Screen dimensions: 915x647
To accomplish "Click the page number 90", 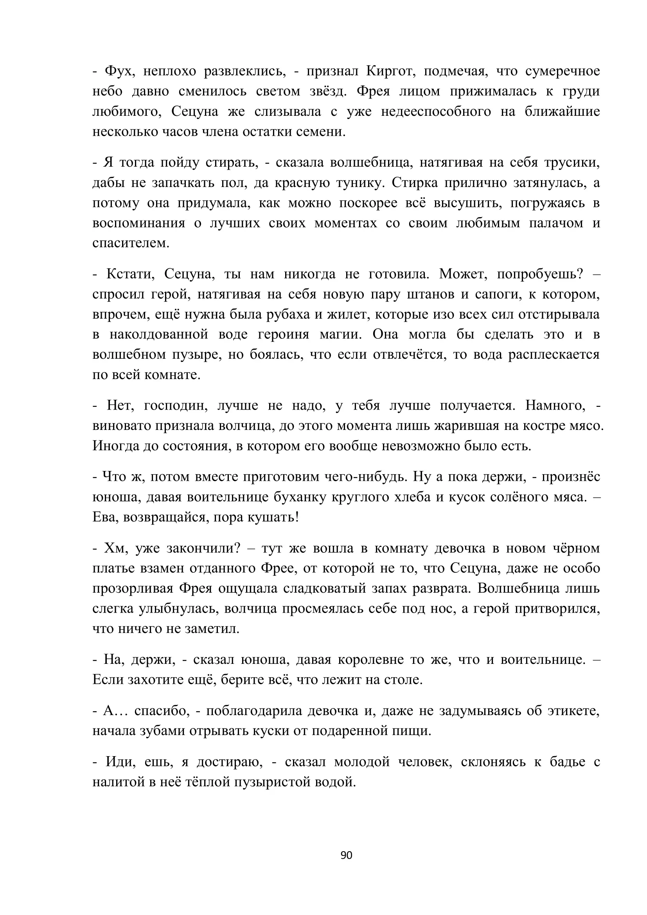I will [x=346, y=855].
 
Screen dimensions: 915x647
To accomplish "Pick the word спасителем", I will [x=131, y=243].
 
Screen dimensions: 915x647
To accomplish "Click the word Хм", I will [x=115, y=548].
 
